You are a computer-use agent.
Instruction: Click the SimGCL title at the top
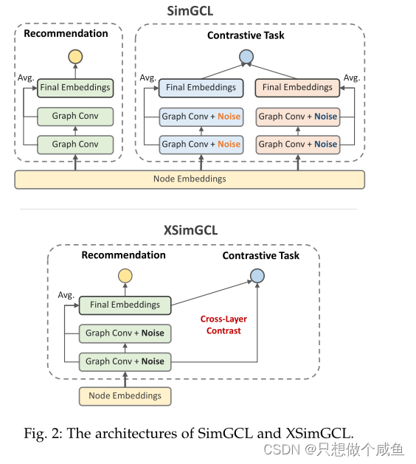tap(190, 10)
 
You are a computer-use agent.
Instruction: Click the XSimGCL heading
tap(190, 230)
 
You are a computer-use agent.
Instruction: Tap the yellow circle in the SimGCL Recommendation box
tap(74, 56)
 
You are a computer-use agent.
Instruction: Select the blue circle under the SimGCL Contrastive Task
tap(246, 56)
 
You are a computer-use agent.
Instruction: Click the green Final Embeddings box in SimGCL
tap(74, 87)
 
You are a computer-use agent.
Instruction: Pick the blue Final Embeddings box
tap(201, 87)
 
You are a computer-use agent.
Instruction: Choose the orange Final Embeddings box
tap(297, 87)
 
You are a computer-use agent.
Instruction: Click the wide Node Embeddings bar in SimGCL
tap(190, 179)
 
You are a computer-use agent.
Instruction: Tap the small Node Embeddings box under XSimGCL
tap(125, 395)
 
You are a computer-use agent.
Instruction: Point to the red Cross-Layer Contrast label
tap(223, 325)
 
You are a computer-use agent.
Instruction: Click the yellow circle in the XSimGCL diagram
tap(125, 276)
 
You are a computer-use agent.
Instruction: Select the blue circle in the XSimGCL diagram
tap(257, 276)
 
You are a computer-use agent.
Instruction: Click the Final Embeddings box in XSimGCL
tap(125, 304)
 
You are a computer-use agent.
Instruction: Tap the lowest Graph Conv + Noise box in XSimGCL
tap(125, 361)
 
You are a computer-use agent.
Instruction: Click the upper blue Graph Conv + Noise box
tap(201, 116)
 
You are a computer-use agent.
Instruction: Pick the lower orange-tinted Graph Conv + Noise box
tap(297, 144)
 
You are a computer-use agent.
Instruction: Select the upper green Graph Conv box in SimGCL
tap(74, 116)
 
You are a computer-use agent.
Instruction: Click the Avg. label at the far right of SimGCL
tap(351, 77)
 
